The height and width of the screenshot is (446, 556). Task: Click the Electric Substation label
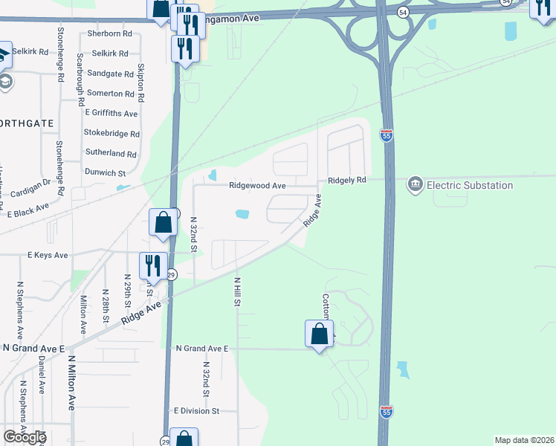tap(470, 185)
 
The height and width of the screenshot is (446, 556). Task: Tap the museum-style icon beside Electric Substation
tap(416, 184)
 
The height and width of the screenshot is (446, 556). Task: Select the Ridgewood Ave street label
tap(257, 185)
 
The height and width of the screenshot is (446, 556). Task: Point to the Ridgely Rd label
tap(347, 180)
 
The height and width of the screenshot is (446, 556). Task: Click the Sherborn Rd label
tap(109, 33)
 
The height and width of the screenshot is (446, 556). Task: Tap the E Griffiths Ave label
tap(111, 114)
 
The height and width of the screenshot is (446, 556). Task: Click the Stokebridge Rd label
tap(111, 134)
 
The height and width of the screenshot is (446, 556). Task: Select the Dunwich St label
tap(105, 172)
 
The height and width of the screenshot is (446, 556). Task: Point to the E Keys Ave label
tap(48, 255)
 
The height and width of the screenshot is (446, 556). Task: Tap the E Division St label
tap(196, 410)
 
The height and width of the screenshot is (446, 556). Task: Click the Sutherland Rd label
tap(111, 154)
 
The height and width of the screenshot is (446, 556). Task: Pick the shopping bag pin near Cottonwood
tap(319, 334)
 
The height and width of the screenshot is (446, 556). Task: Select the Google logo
tap(24, 437)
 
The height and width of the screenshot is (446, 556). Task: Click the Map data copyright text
tap(524, 440)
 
